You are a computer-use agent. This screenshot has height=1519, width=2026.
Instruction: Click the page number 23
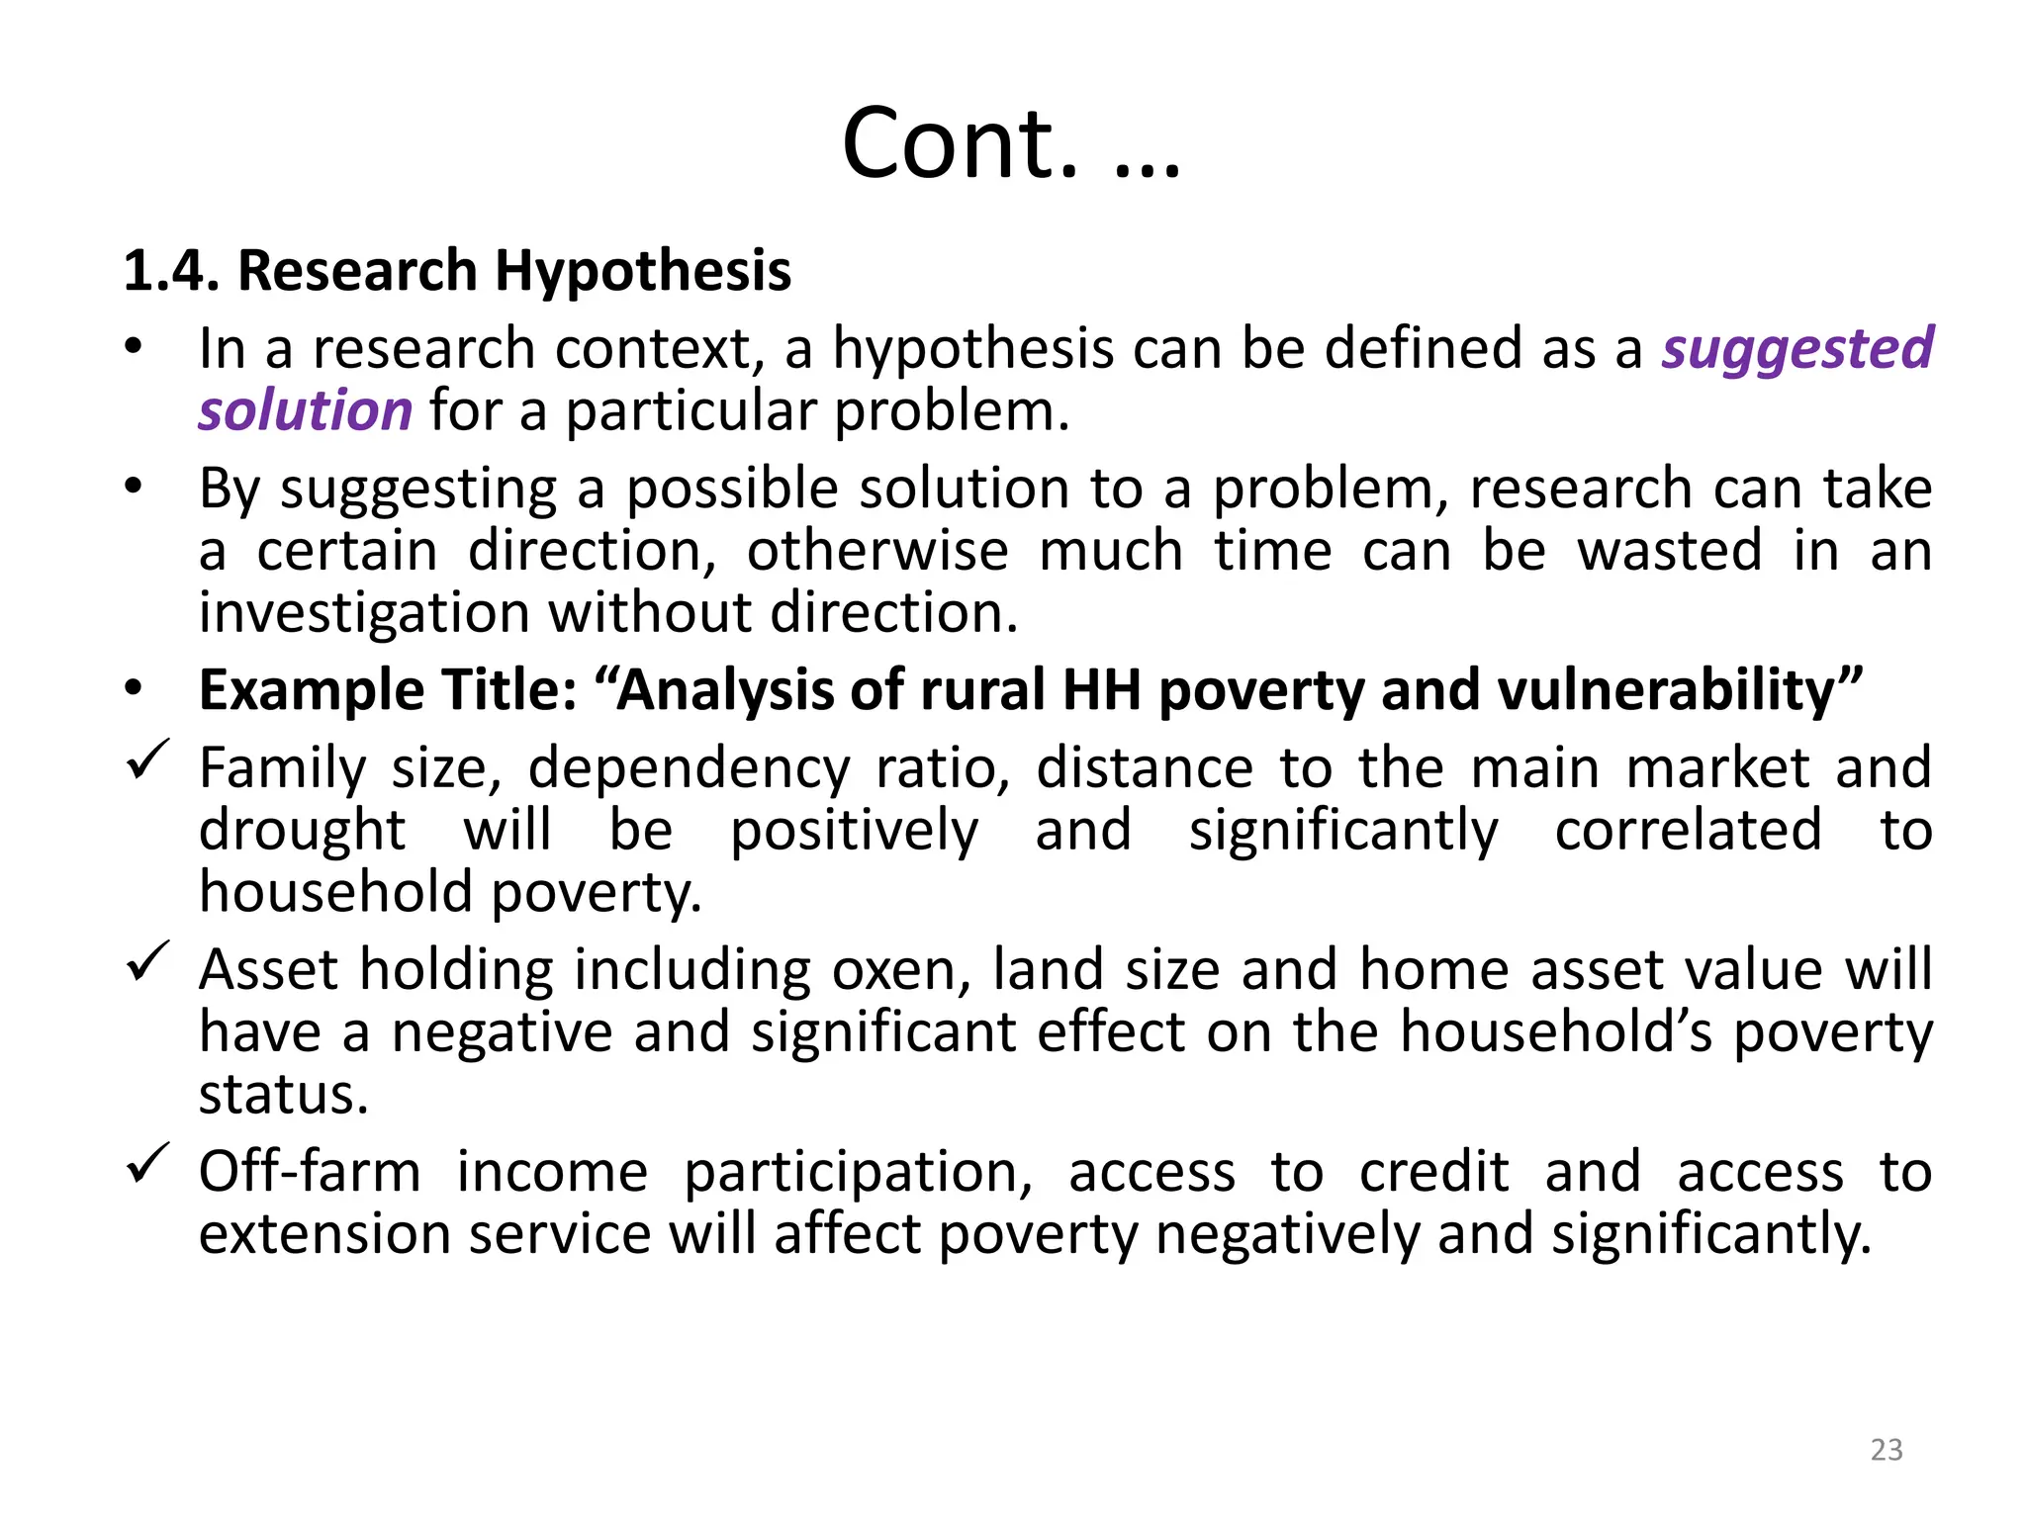1887,1450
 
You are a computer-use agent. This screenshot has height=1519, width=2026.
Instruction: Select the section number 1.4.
170,271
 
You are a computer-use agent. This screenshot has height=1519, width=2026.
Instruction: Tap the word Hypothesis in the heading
643,271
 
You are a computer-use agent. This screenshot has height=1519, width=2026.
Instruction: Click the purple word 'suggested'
1796,349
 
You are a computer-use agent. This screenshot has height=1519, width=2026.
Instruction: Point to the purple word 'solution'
305,410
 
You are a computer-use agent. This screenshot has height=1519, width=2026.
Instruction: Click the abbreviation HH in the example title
1101,689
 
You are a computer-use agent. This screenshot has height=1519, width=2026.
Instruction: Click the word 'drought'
302,830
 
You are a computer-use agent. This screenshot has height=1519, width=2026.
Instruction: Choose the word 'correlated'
1688,830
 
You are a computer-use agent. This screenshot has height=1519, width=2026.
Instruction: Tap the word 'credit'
1433,1172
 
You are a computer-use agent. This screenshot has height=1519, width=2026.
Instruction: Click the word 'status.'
284,1094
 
